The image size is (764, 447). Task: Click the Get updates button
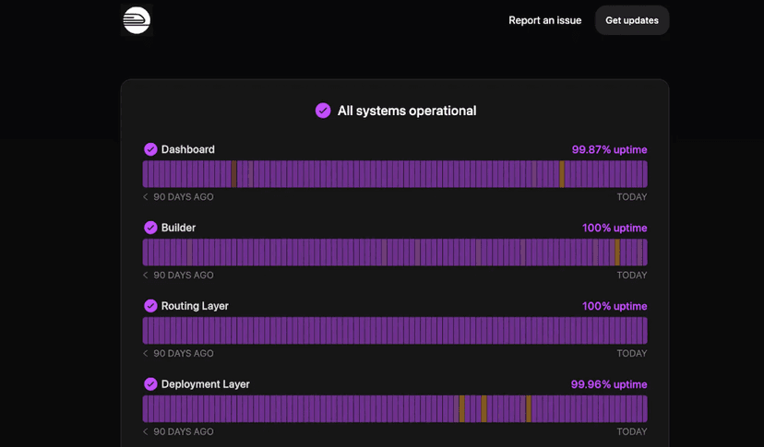[x=632, y=20]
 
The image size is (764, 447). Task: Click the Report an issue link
[x=544, y=20]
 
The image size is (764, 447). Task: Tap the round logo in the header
[x=137, y=20]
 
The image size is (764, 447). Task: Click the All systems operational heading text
[x=407, y=111]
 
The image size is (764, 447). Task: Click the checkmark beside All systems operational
[x=323, y=111]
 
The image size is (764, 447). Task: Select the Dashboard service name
[x=188, y=149]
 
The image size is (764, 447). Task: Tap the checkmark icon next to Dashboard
[x=150, y=149]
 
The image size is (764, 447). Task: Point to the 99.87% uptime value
[x=609, y=149]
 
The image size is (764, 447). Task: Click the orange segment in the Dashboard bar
[x=562, y=174]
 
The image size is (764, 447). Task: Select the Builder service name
[x=178, y=228]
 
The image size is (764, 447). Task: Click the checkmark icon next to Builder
[x=150, y=228]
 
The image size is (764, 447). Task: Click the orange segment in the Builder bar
[x=617, y=253]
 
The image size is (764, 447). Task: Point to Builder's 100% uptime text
[x=615, y=228]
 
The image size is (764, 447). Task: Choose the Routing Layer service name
[x=195, y=306]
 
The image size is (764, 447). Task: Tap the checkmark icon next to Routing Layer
[x=150, y=306]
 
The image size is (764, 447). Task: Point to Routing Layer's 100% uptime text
[x=615, y=306]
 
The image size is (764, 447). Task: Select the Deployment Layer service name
[x=205, y=384]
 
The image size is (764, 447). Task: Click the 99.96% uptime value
[x=609, y=384]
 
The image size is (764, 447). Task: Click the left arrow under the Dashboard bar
[x=146, y=197]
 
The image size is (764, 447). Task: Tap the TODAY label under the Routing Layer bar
[x=631, y=354]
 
